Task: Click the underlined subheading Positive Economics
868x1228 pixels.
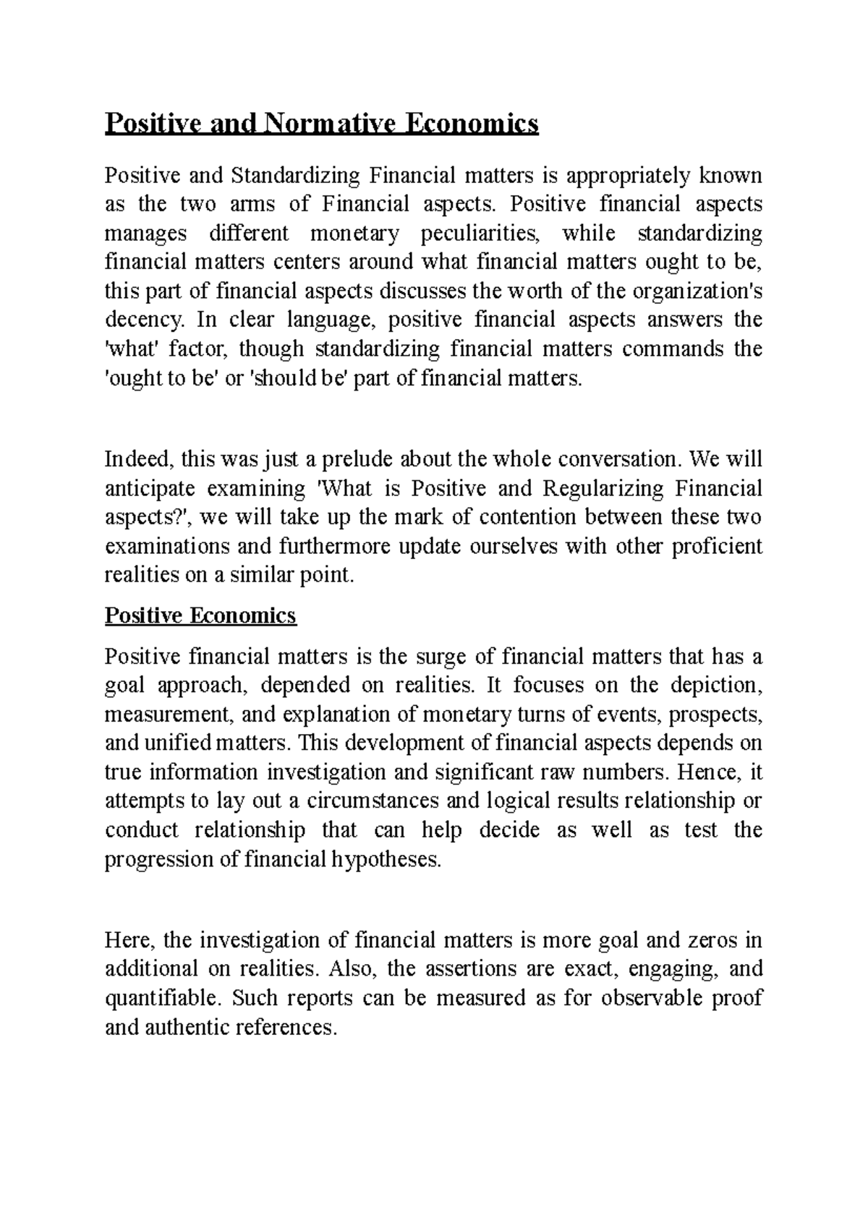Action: click(x=200, y=615)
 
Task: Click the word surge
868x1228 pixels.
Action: click(x=443, y=657)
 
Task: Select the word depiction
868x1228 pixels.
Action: click(x=717, y=686)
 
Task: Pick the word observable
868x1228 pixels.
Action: click(x=643, y=998)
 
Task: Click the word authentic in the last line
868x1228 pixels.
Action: click(x=187, y=1027)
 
